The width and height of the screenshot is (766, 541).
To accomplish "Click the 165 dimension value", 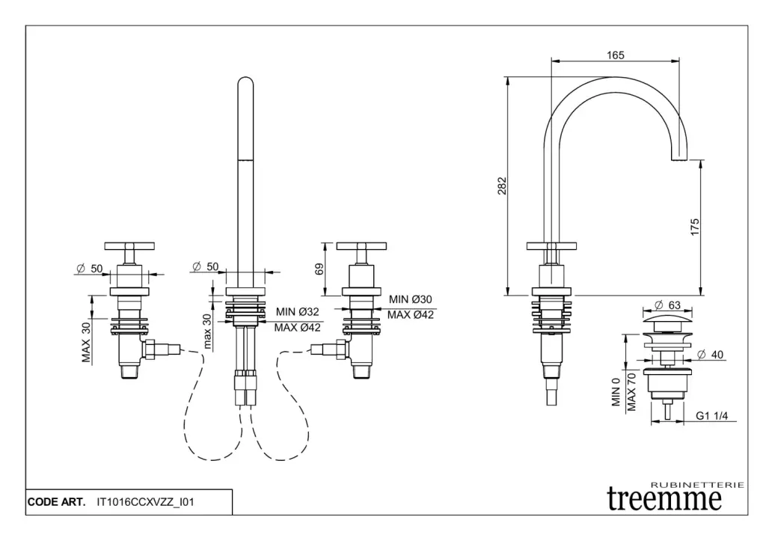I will tap(616, 55).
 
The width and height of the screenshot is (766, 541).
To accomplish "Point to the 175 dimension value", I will tap(695, 227).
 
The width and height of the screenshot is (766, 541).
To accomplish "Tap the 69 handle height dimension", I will tap(319, 269).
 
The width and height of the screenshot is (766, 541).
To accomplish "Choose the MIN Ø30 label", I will tap(411, 300).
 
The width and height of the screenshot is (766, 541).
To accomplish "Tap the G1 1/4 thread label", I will tap(712, 415).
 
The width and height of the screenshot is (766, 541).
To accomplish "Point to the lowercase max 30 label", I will tap(207, 330).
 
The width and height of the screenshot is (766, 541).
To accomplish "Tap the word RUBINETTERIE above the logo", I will tap(698, 485).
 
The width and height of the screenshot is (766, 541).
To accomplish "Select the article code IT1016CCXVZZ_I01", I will tap(145, 502).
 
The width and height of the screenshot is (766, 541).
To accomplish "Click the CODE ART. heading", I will tap(56, 502).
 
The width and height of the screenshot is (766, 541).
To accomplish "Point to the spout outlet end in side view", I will tap(679, 158).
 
